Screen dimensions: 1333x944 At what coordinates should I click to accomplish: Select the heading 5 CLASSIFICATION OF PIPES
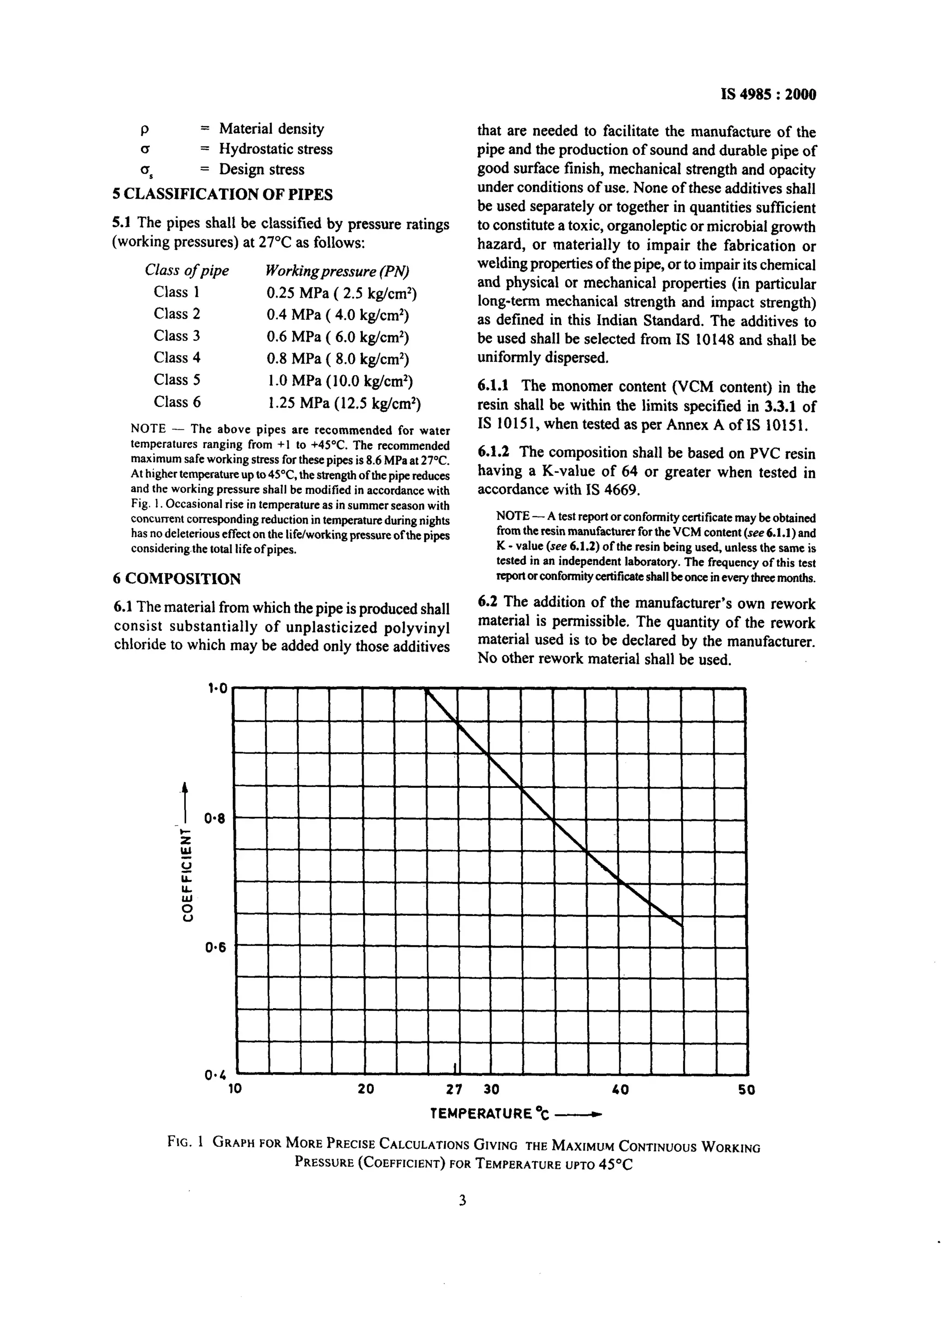pos(223,194)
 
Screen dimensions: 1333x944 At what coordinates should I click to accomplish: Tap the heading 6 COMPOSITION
pos(177,579)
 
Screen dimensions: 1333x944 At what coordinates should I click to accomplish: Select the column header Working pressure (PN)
pos(337,271)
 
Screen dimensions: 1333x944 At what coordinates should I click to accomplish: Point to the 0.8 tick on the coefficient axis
pos(214,819)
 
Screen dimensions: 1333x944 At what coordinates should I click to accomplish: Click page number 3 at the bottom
pos(462,1200)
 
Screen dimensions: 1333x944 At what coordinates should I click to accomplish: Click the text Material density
pos(271,129)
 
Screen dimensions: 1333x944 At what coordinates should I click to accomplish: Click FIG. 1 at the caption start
pos(184,1141)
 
